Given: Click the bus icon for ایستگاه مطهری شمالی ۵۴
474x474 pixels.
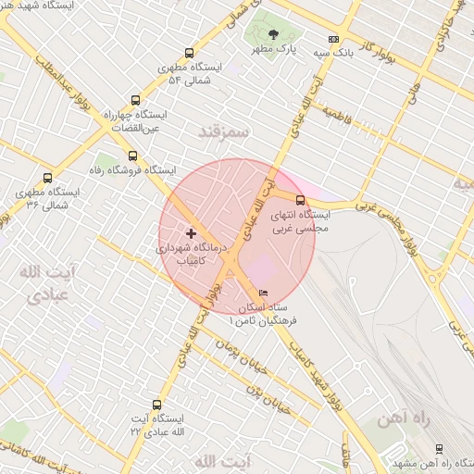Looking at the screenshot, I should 190,54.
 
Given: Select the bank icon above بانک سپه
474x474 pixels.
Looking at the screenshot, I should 333,40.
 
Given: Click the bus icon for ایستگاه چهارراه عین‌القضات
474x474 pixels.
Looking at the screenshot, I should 136,101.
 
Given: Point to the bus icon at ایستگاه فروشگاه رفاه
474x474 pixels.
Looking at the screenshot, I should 132,156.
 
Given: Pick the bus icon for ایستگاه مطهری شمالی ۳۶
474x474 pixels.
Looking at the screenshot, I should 47,179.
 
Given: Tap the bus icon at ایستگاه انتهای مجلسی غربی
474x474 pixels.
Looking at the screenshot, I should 299,199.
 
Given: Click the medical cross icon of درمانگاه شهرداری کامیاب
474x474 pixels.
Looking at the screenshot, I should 192,232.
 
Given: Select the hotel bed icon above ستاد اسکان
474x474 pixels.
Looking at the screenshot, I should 264,293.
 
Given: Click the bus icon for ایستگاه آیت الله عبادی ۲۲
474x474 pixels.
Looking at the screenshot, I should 156,405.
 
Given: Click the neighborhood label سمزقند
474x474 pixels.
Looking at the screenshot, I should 224,132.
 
